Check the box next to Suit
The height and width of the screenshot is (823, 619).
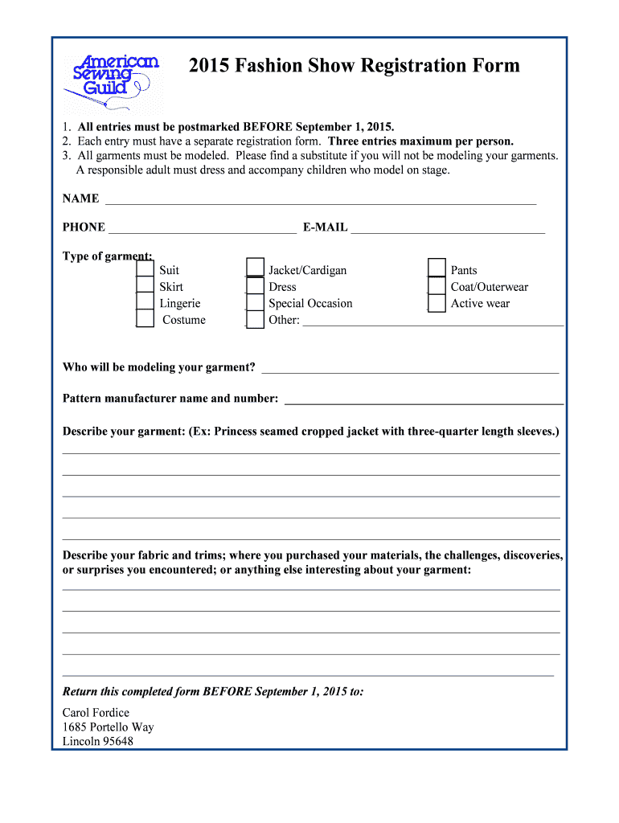[145, 269]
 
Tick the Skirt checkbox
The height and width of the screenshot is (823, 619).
[145, 286]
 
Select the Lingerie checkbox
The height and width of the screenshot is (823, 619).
[145, 302]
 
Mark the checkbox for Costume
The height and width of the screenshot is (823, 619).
[145, 319]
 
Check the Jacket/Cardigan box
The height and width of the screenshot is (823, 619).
[255, 268]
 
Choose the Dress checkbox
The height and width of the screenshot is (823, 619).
[255, 286]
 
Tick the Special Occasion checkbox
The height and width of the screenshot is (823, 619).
[255, 303]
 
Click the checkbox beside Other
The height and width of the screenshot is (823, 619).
[255, 320]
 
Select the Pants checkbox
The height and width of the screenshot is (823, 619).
[437, 268]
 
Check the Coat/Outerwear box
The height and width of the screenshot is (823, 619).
[437, 286]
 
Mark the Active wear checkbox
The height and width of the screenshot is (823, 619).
[437, 303]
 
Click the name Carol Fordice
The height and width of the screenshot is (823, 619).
[96, 713]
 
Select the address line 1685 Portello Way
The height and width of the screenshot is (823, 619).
[108, 727]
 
